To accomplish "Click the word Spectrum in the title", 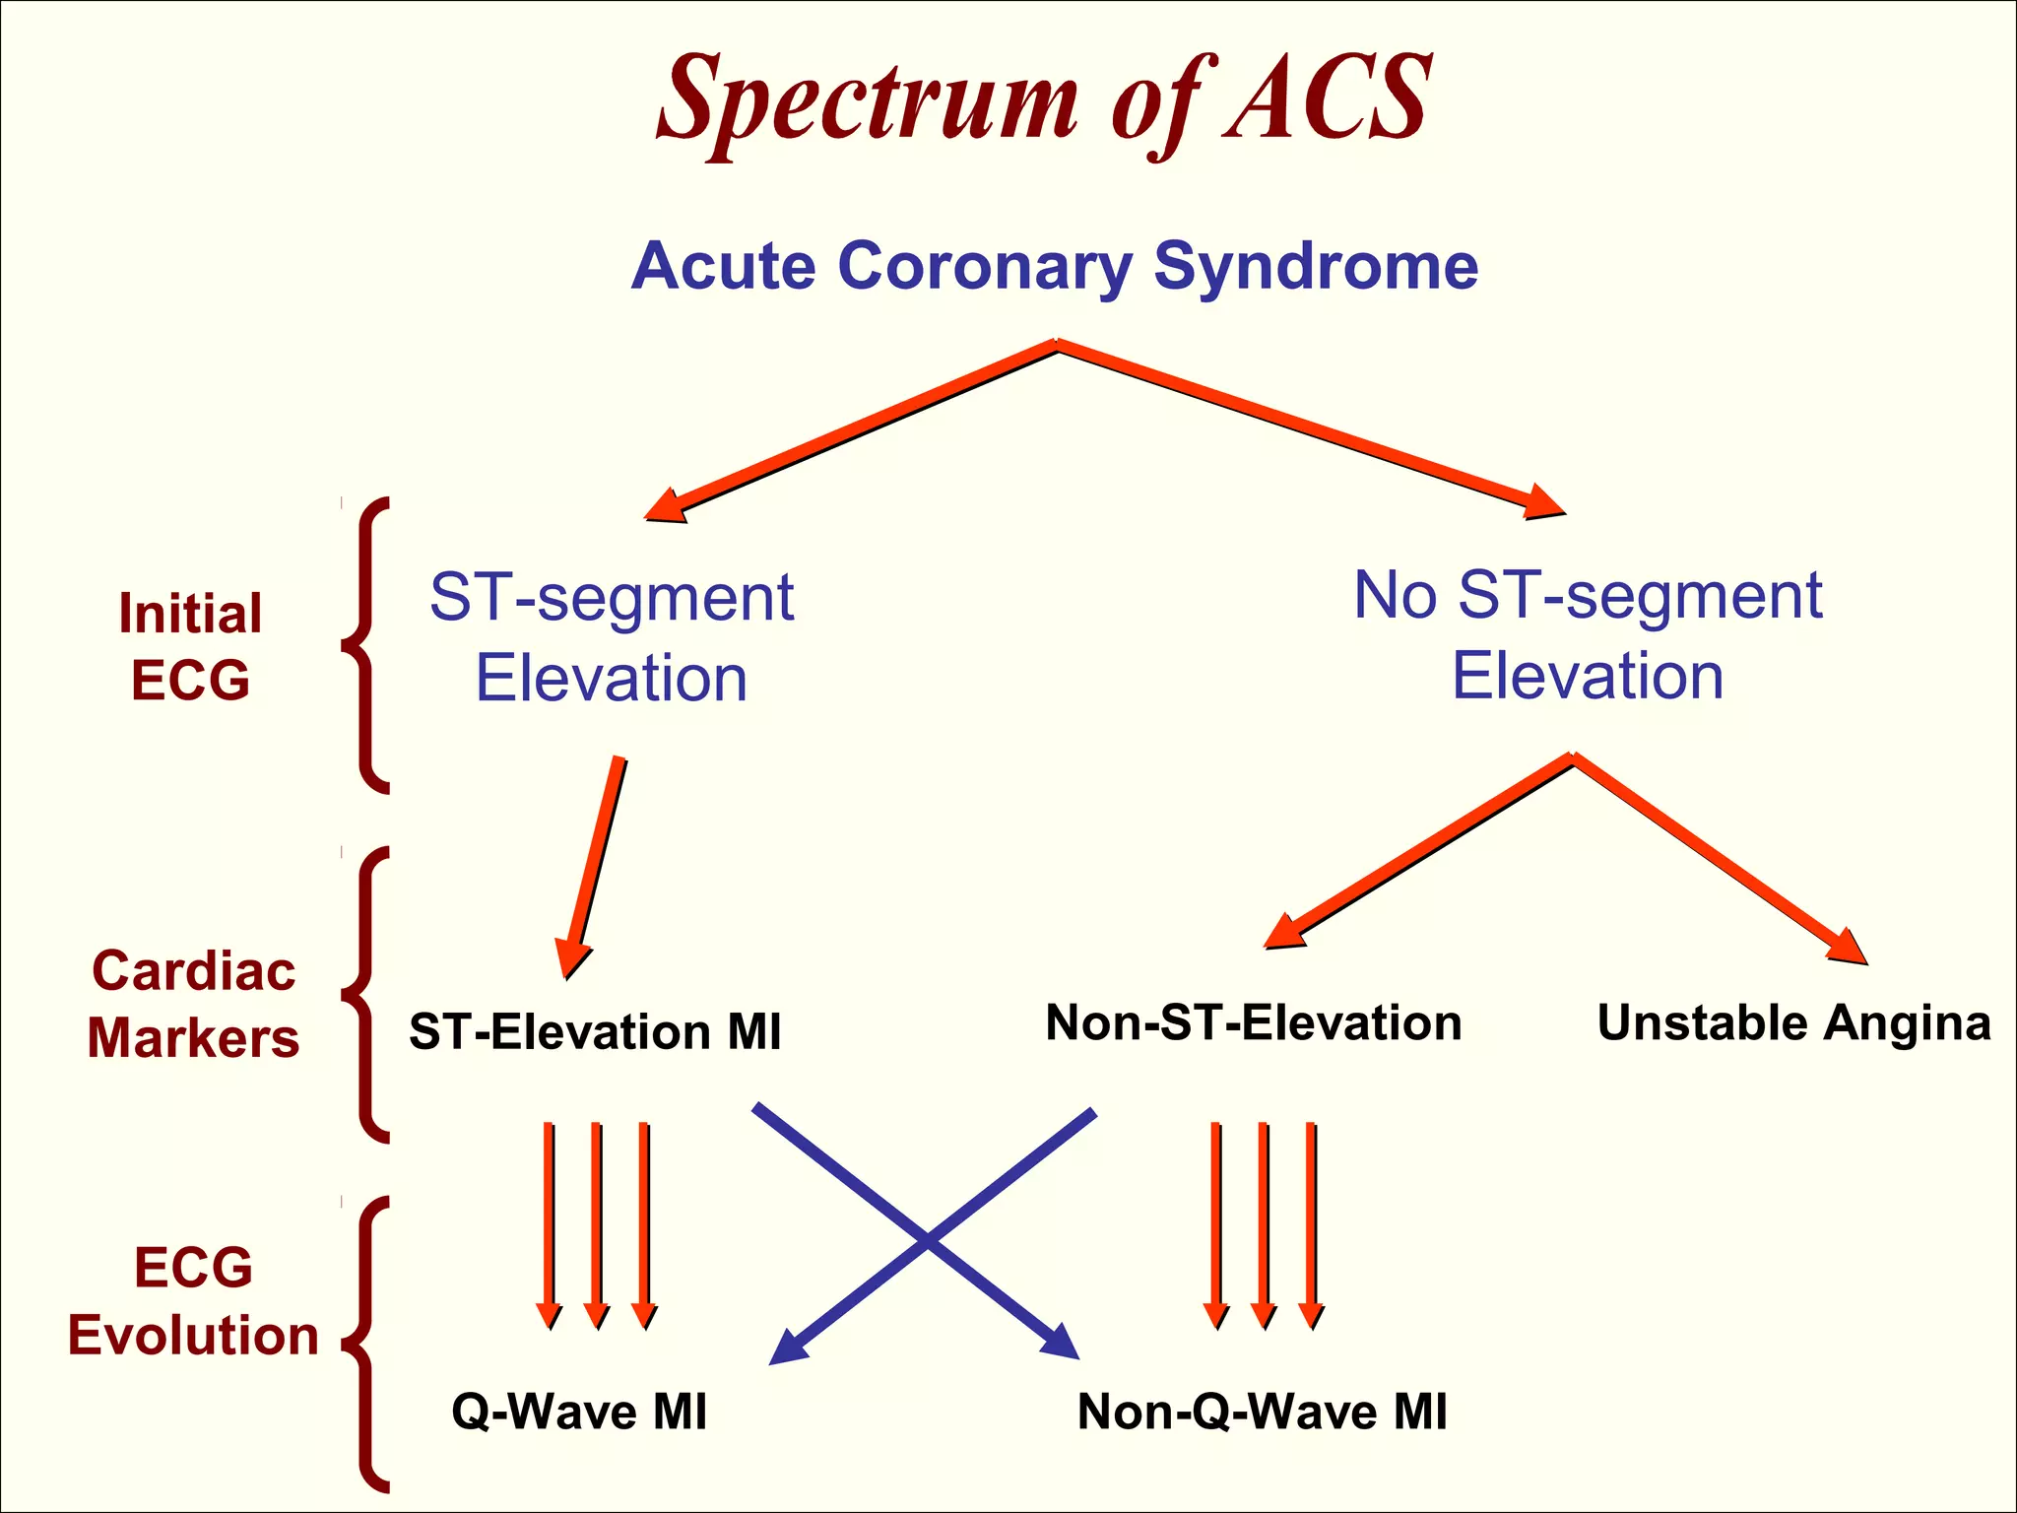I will point(867,103).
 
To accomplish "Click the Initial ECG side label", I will point(190,646).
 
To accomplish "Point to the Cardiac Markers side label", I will point(193,1004).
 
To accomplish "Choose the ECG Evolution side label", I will point(193,1300).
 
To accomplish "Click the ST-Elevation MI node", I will point(595,1032).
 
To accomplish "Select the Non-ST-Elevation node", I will point(1253,1022).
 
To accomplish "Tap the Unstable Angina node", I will point(1793,1022).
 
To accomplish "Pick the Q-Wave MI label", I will point(579,1411).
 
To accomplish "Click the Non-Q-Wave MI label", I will point(1262,1411).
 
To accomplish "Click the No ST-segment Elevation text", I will point(1588,635).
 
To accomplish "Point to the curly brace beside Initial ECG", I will point(365,646).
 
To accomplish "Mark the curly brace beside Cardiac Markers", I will point(365,995).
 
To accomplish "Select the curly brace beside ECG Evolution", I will point(365,1345).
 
